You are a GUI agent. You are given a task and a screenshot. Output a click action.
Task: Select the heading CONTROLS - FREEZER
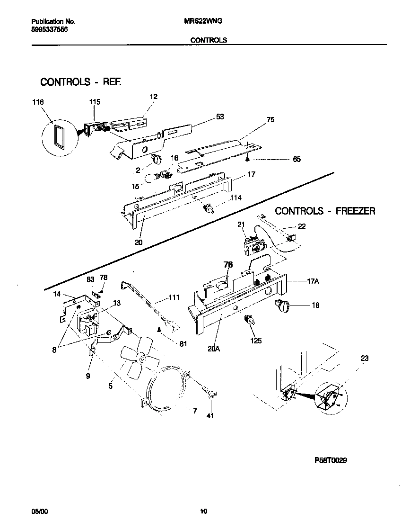(x=325, y=211)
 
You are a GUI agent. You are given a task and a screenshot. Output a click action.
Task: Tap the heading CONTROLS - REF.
(x=80, y=82)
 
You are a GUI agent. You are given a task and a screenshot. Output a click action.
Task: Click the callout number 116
(x=38, y=102)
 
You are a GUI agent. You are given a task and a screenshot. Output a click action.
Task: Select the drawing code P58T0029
(x=331, y=460)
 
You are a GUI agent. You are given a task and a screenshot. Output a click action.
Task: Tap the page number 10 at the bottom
(x=203, y=511)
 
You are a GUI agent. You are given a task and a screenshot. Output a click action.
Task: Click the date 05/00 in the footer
(x=39, y=511)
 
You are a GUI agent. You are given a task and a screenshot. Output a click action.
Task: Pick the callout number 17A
(x=313, y=281)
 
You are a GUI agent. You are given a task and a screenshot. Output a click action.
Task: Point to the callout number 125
(x=256, y=341)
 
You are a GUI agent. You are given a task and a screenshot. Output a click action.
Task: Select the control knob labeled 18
(x=283, y=305)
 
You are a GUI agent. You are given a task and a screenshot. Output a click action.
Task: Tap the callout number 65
(x=296, y=160)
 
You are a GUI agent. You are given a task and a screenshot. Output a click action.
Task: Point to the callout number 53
(x=220, y=117)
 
